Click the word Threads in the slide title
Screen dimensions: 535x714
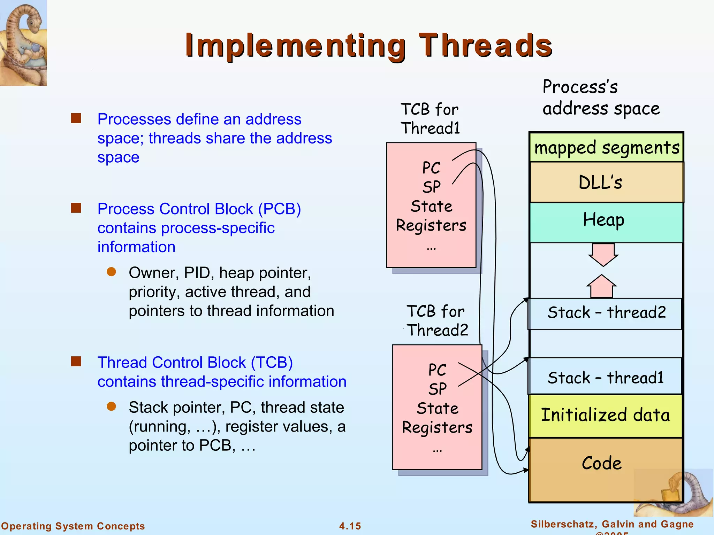click(x=485, y=45)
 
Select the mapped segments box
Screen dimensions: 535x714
click(x=606, y=148)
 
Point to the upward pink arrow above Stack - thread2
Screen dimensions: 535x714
click(x=602, y=286)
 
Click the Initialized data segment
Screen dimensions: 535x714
click(x=605, y=415)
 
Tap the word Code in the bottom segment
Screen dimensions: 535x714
click(x=601, y=463)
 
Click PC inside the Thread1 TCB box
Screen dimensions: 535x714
click(x=431, y=168)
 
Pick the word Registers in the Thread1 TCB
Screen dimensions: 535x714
click(x=431, y=225)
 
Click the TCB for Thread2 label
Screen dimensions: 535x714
click(x=436, y=320)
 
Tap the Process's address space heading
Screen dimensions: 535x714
click(x=600, y=97)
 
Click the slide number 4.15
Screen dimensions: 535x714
click(x=350, y=526)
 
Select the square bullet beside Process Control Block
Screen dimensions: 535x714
click(x=76, y=208)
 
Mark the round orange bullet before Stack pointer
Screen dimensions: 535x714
click(x=111, y=406)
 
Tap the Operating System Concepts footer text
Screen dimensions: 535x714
click(x=73, y=526)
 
